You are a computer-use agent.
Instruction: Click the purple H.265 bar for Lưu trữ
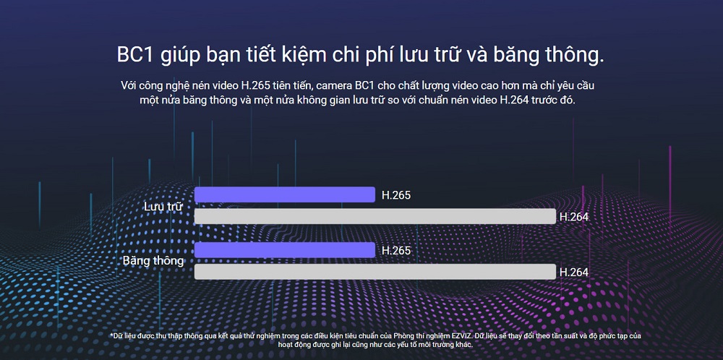[x=285, y=194]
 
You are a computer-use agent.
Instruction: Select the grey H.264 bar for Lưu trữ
[x=375, y=216]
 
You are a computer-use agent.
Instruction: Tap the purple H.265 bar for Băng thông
[x=285, y=250]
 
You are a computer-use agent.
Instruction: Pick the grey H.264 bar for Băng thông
[x=375, y=272]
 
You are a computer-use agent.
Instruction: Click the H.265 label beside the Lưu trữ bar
[x=396, y=195]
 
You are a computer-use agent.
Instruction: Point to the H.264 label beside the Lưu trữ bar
[x=573, y=216]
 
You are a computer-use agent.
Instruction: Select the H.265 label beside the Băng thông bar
[x=396, y=251]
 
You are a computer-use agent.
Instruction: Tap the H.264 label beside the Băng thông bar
[x=573, y=272]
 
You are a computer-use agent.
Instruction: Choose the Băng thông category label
[x=153, y=260]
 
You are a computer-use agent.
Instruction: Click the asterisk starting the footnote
[x=111, y=335]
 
